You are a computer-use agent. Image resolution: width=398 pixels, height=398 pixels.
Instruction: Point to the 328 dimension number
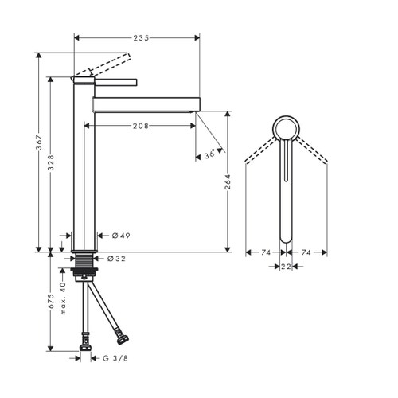coord(51,164)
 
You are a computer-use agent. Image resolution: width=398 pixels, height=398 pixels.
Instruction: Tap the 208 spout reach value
coord(140,125)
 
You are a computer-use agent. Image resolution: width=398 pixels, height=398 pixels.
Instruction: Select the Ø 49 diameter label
coord(121,236)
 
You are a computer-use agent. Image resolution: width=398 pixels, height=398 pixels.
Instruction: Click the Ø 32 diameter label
coord(116,258)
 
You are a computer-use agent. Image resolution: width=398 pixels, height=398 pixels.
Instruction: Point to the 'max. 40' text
coord(63,298)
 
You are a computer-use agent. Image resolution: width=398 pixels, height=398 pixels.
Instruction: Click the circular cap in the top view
coord(286,128)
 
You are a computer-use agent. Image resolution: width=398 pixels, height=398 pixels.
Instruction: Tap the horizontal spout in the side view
coord(146,103)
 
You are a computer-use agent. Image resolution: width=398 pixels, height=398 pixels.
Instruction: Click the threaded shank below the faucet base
coord(84,261)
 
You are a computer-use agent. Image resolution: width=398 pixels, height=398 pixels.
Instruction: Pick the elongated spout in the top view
coord(286,191)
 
